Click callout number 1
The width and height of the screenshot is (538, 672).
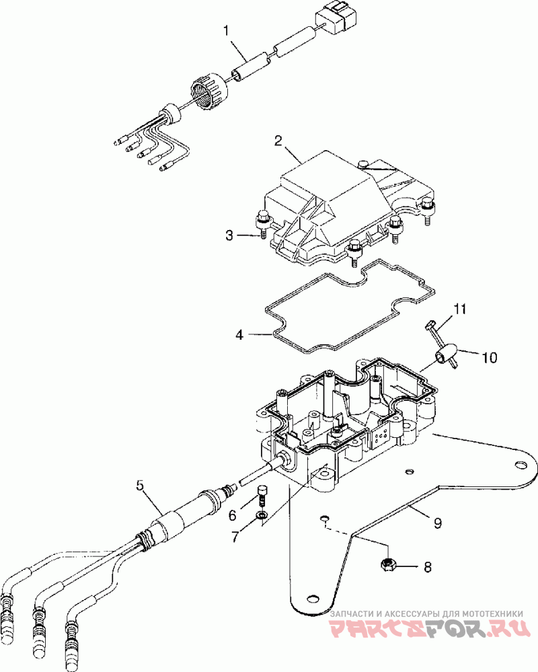click(226, 31)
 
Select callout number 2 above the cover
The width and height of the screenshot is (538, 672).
click(278, 141)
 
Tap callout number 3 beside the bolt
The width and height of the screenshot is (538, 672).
click(229, 235)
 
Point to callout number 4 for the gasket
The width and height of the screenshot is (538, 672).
click(239, 334)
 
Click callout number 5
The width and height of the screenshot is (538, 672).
click(140, 486)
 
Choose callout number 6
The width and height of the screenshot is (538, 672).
click(232, 515)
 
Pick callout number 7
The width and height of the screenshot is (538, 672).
click(235, 537)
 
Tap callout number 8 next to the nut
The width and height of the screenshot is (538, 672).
click(428, 567)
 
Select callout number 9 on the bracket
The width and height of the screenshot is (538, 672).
click(437, 523)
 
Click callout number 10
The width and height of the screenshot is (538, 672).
click(490, 357)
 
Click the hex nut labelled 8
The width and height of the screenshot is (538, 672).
click(387, 565)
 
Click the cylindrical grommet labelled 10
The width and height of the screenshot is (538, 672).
click(446, 356)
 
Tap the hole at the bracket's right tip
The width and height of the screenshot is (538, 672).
click(520, 465)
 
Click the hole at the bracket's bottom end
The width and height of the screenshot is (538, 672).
click(313, 598)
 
